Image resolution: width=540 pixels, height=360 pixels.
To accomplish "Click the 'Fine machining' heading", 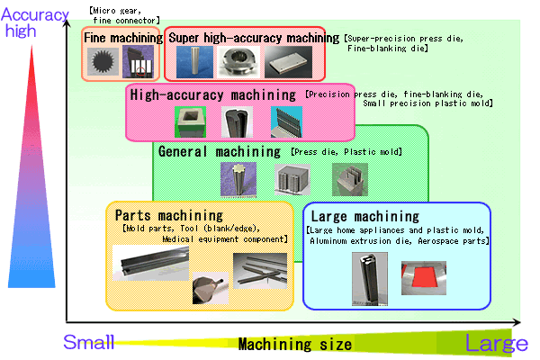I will (122, 38).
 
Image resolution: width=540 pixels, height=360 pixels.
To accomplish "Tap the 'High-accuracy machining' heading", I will (212, 94).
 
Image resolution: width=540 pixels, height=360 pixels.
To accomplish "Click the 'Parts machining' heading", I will (168, 215).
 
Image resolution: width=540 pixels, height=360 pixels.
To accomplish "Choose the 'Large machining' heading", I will (364, 217).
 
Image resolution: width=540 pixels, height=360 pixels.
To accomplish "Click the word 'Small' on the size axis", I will (88, 342).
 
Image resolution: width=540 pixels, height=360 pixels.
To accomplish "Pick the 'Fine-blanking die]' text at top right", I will (388, 49).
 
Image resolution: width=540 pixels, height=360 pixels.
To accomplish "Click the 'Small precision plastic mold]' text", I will (427, 104).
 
